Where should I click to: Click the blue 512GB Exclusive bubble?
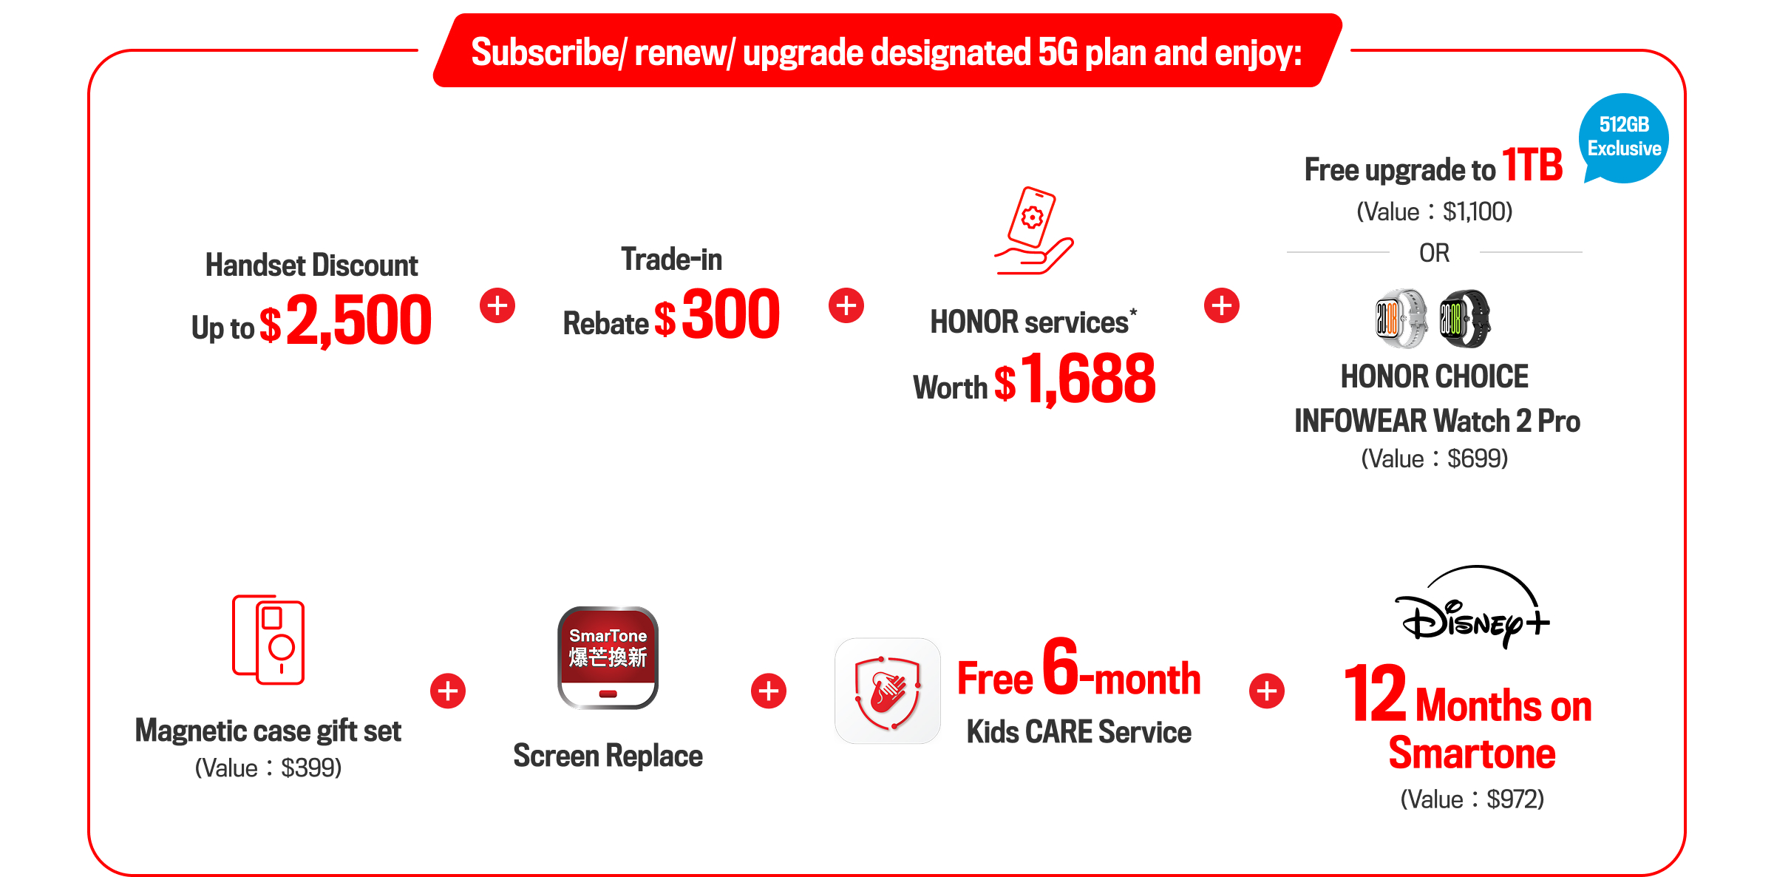(1623, 138)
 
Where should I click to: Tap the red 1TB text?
(1532, 165)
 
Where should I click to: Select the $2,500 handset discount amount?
(345, 320)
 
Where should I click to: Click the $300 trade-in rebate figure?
(717, 314)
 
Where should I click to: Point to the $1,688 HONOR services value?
(1075, 379)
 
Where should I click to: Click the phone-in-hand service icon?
(1033, 231)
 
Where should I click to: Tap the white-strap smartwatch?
(1401, 319)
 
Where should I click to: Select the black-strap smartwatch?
(1464, 319)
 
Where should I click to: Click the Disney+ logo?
(1472, 607)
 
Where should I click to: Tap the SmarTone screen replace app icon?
(608, 657)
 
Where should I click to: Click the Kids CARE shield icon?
(887, 691)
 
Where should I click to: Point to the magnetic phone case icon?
(268, 640)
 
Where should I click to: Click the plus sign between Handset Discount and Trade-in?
(497, 305)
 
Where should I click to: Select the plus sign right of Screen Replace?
(769, 691)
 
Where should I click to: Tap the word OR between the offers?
(1434, 253)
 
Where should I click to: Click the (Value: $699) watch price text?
(1434, 458)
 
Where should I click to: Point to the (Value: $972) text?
(1472, 799)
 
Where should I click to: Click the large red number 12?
(1375, 693)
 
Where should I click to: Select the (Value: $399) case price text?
(268, 768)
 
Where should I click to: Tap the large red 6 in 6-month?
(1061, 666)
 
